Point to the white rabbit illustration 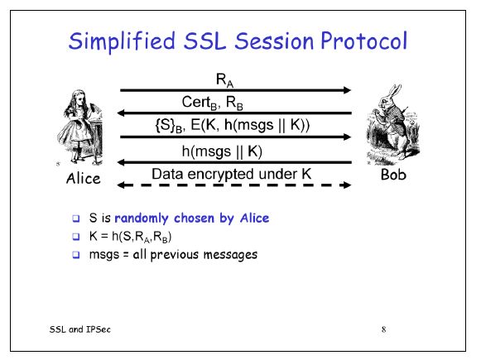pyautogui.click(x=390, y=125)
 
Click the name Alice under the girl pyautogui.click(x=83, y=179)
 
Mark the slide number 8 pyautogui.click(x=383, y=329)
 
